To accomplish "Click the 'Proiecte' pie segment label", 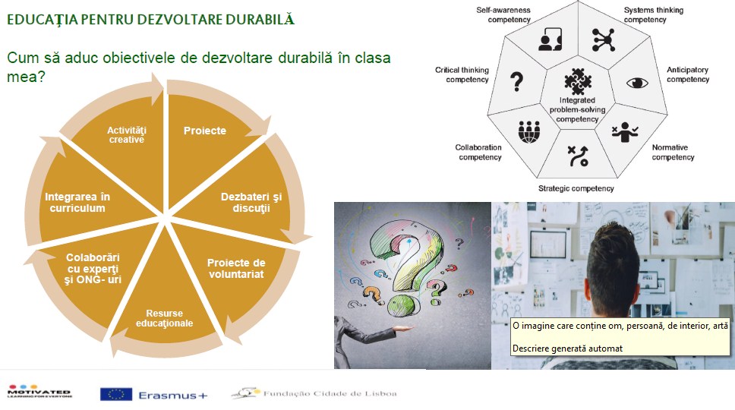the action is [205, 131].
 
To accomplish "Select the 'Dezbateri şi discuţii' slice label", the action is [251, 202].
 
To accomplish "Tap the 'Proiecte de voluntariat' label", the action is [236, 269].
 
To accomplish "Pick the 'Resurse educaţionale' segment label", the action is [164, 318].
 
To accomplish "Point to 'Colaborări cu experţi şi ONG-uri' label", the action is [93, 269].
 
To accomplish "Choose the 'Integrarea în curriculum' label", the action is [77, 203].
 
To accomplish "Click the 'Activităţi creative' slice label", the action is [127, 134].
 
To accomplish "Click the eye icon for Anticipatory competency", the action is [637, 83].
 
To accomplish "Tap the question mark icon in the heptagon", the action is [516, 81].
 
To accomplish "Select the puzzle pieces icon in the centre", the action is [578, 81].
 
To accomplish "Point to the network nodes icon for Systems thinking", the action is [604, 39].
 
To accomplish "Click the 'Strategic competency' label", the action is [576, 188].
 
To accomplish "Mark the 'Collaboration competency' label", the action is [478, 153].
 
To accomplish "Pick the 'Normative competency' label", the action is [673, 153].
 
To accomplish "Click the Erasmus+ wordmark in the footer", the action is [172, 396].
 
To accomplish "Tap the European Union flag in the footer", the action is [115, 395].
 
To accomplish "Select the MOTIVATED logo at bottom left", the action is [39, 391].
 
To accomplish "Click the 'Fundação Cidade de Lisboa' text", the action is [330, 393].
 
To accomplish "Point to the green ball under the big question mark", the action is [401, 306].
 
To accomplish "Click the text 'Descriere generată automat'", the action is [567, 348].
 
